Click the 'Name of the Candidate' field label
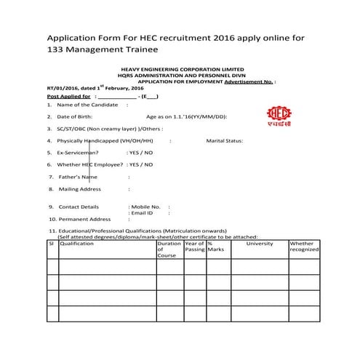87,105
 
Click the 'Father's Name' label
77,177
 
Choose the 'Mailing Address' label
80,189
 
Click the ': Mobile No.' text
145,207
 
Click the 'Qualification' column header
77,244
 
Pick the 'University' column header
260,244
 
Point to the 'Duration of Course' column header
169,249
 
